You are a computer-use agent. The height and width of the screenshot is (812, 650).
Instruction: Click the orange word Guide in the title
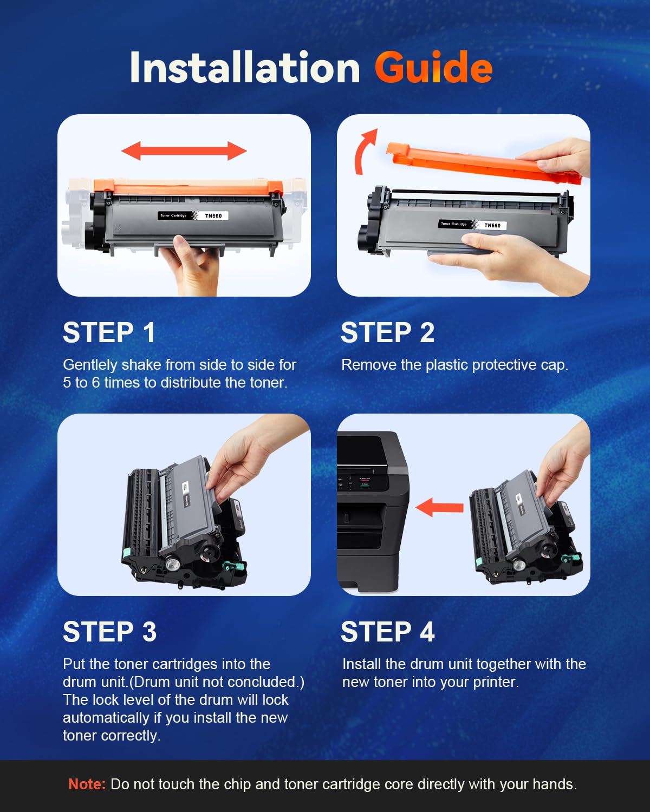pos(433,68)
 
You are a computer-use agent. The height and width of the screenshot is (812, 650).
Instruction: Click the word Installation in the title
pos(245,68)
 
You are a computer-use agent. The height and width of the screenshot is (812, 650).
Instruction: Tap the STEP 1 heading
pos(109,332)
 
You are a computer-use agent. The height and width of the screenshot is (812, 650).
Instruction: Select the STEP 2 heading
pos(387,332)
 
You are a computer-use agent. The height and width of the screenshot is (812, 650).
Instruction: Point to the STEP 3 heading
pos(109,632)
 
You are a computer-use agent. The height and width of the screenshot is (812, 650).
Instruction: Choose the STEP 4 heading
pos(387,632)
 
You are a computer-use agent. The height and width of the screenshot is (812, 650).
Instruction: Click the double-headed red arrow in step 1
pos(184,150)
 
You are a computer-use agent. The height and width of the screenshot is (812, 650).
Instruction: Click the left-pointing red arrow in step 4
pos(439,507)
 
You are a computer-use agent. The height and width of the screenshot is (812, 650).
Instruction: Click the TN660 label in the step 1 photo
pos(213,215)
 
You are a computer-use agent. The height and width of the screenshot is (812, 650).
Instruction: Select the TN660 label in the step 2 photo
pos(492,225)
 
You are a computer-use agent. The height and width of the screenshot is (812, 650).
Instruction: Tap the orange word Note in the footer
pos(87,784)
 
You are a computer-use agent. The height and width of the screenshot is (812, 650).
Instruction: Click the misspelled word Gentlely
pos(90,365)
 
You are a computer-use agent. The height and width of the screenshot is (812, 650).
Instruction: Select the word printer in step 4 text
pos(495,682)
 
